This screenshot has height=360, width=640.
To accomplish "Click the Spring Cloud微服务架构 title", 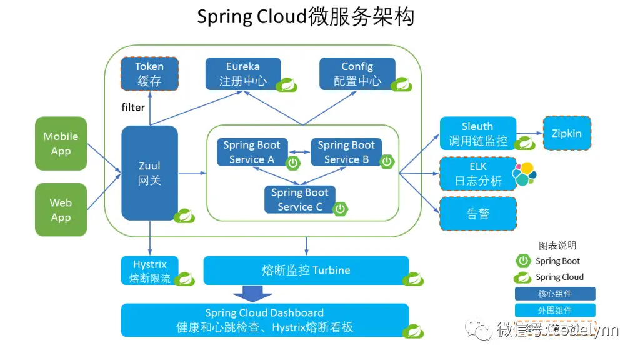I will click(x=306, y=17).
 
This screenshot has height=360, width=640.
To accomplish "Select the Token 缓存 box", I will click(x=149, y=74).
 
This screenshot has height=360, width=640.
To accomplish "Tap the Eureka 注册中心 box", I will click(x=243, y=74).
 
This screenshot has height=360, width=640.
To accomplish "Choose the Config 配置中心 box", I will click(x=357, y=74).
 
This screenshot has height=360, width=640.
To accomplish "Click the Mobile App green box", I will click(x=61, y=143).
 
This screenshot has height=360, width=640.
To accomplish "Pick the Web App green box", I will click(x=61, y=210).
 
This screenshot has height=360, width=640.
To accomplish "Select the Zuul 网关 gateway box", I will click(x=149, y=173).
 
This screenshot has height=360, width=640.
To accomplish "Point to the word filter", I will click(x=133, y=107).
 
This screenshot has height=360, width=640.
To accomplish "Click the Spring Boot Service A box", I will click(x=252, y=152).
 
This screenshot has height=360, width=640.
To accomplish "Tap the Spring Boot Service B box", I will click(x=346, y=152).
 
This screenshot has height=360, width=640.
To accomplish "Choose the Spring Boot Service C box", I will click(x=299, y=199).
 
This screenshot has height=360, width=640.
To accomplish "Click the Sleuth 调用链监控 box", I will click(x=478, y=134).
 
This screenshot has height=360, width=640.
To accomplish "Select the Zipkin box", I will click(x=566, y=133).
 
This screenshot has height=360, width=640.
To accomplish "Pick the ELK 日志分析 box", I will click(x=478, y=174).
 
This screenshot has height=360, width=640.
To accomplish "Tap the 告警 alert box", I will click(x=478, y=214).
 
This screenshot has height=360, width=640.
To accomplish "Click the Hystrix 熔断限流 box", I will click(x=149, y=271).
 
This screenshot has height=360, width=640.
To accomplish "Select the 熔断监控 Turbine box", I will click(x=306, y=271).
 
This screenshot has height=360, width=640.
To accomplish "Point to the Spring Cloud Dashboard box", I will click(x=264, y=320).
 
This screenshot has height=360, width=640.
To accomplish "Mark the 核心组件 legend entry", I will click(x=554, y=294).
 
